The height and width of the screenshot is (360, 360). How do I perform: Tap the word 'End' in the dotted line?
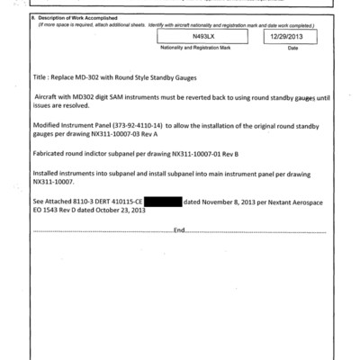click(x=179, y=231)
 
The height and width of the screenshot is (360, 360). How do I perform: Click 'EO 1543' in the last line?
click(x=44, y=211)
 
